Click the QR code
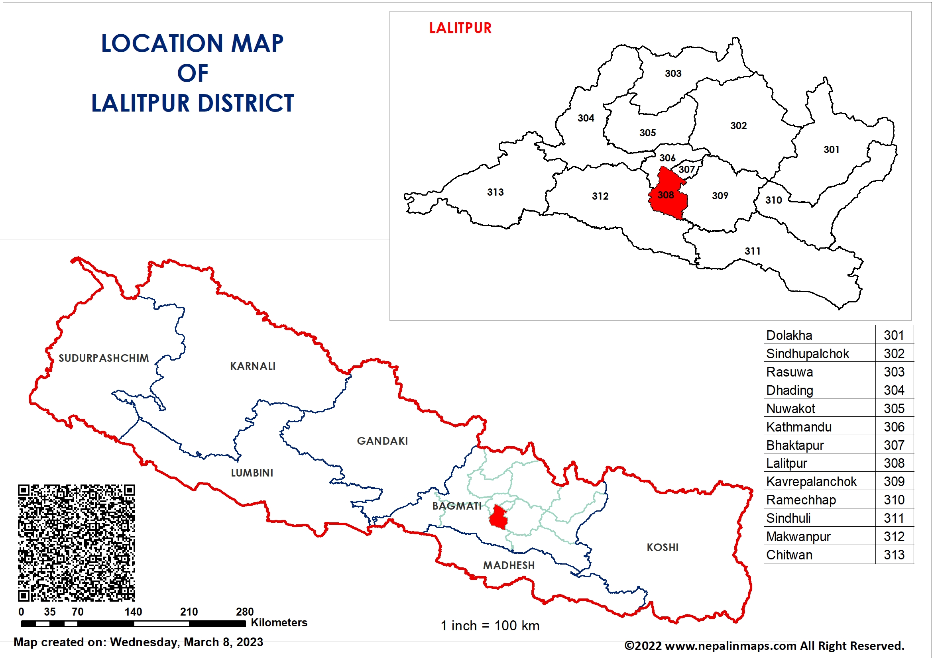tap(76, 543)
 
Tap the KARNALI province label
tap(252, 366)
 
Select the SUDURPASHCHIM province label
tap(104, 358)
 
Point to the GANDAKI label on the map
tap(382, 441)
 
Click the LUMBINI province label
tap(252, 473)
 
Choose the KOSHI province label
tap(663, 547)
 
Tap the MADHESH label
tap(509, 565)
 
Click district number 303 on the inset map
tap(672, 73)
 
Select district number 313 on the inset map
tap(495, 192)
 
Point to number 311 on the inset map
tap(752, 251)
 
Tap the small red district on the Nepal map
tap(498, 518)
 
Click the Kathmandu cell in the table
tap(799, 427)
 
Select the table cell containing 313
tap(894, 555)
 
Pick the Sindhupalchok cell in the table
tap(807, 354)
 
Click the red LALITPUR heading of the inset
tap(460, 28)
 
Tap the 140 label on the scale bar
tap(133, 612)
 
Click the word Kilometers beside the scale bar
tap(279, 622)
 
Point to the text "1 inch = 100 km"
tap(490, 626)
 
